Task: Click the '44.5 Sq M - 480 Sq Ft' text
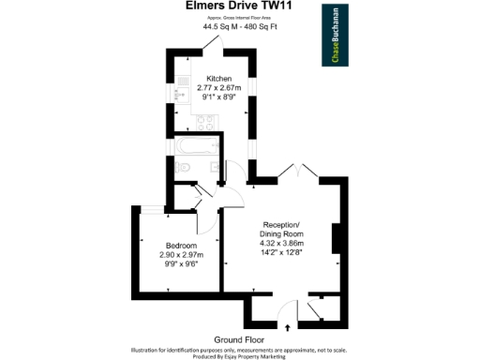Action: tap(239, 26)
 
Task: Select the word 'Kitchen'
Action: tap(219, 79)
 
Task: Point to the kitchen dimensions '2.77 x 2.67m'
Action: tap(219, 87)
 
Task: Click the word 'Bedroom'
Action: tap(182, 245)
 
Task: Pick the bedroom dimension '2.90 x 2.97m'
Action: tap(182, 254)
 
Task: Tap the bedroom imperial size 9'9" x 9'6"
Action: tap(182, 263)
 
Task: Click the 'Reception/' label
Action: tap(280, 226)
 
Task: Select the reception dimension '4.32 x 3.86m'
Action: tap(280, 243)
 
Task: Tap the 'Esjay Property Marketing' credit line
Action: tap(240, 356)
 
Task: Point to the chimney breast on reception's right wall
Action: tap(335, 238)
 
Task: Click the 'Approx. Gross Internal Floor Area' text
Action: tap(239, 18)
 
